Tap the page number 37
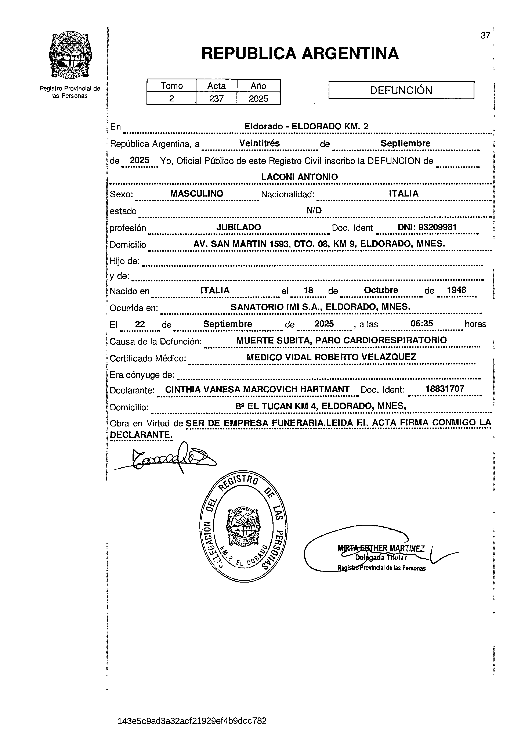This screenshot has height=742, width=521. coord(485,36)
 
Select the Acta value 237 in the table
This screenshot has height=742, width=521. coord(216,98)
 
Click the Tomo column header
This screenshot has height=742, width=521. coord(171,86)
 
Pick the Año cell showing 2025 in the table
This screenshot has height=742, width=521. coord(258,98)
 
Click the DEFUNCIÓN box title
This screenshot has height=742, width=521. coord(401,90)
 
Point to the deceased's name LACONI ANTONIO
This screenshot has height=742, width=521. coord(299,177)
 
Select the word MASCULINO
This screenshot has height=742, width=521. coord(197,194)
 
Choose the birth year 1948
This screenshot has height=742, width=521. coord(456,290)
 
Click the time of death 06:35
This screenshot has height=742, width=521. coord(421,324)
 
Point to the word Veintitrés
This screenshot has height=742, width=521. coord(259,143)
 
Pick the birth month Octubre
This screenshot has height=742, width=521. coord(381,290)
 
